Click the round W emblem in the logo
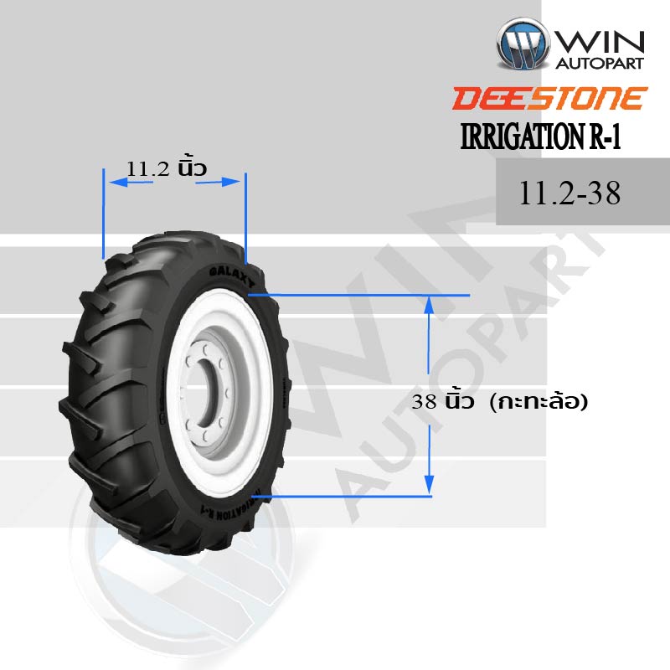(523, 44)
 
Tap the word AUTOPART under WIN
(600, 64)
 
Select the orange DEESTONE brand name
(550, 98)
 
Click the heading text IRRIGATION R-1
(540, 137)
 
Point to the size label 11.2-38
(569, 193)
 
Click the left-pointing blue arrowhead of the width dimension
(118, 182)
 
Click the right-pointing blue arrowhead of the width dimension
(231, 182)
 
